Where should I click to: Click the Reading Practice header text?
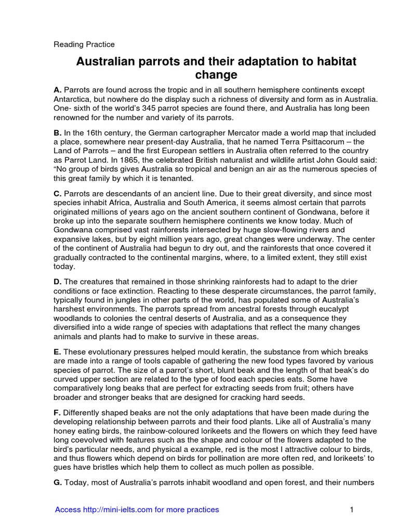[84, 45]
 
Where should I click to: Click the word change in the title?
[216, 75]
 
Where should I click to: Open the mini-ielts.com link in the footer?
[137, 510]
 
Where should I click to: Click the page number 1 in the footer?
[352, 510]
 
